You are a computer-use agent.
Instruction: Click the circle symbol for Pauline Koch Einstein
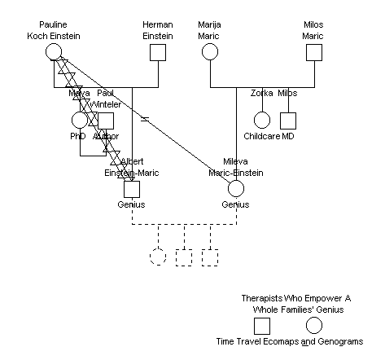click(x=53, y=52)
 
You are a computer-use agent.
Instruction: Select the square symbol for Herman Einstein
click(x=157, y=52)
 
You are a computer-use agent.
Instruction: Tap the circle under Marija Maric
click(x=209, y=52)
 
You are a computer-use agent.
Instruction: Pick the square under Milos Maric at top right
click(x=313, y=52)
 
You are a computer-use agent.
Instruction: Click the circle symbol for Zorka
click(x=261, y=121)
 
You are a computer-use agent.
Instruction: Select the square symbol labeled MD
click(x=287, y=121)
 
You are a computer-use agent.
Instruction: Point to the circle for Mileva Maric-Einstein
click(x=236, y=189)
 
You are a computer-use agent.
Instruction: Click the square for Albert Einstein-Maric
click(x=132, y=189)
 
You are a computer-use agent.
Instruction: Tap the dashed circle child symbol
click(x=158, y=257)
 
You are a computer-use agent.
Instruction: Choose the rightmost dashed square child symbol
click(x=210, y=257)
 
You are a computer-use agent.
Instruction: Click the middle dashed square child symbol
click(x=184, y=257)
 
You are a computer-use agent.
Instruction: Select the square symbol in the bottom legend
click(x=262, y=326)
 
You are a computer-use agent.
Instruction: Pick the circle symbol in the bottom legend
click(x=314, y=326)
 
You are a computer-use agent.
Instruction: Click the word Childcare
click(x=261, y=136)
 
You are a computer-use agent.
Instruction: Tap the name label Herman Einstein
click(x=157, y=31)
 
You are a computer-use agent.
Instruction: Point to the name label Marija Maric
click(x=209, y=31)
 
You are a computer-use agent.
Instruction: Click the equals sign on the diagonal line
click(x=144, y=120)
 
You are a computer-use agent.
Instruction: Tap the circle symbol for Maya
click(x=79, y=121)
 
